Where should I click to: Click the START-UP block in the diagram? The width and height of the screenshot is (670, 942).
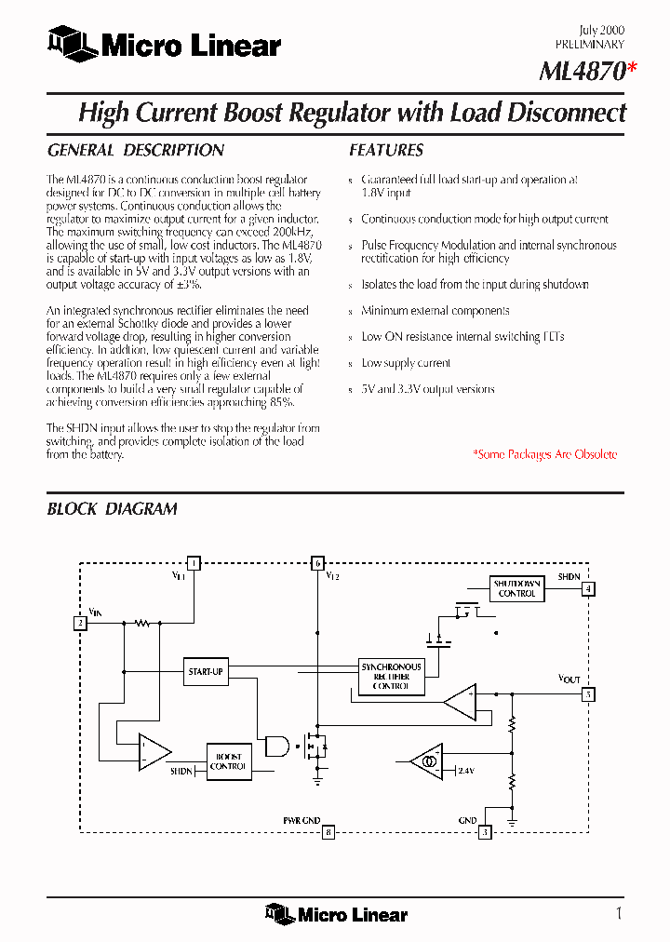[x=206, y=671]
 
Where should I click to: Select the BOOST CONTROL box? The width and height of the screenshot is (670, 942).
[x=228, y=761]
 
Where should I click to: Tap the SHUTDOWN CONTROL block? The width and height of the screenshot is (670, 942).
[x=516, y=588]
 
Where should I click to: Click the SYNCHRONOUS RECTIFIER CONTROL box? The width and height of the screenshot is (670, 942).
[x=391, y=677]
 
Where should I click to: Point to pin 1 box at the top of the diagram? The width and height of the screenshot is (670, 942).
[x=193, y=562]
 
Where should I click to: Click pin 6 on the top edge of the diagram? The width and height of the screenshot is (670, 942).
[x=317, y=562]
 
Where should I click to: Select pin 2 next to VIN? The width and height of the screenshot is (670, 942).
[x=81, y=623]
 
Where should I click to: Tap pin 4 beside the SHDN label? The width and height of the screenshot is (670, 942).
[x=588, y=588]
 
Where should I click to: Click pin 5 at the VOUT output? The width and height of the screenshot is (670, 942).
[x=588, y=693]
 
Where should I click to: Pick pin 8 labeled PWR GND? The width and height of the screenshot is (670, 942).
[x=328, y=832]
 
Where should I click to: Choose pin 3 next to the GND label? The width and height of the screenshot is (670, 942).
[x=485, y=832]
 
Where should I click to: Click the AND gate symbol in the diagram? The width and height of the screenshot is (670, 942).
[x=277, y=745]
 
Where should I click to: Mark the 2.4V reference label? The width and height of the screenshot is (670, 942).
[x=466, y=772]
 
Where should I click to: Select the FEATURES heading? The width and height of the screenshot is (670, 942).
[x=385, y=150]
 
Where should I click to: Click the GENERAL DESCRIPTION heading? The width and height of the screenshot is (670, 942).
[x=135, y=150]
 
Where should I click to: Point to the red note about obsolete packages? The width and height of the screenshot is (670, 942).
[x=544, y=454]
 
